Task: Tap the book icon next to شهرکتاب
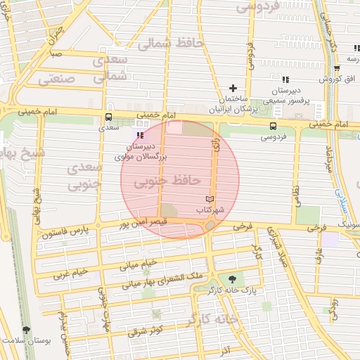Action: coord(208,200)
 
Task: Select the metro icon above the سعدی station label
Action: coord(108,117)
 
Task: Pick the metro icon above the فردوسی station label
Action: coord(272,126)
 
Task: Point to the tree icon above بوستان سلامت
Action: coord(26,330)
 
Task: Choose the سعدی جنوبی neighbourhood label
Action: coord(85,176)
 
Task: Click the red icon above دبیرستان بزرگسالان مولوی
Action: coord(141,134)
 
